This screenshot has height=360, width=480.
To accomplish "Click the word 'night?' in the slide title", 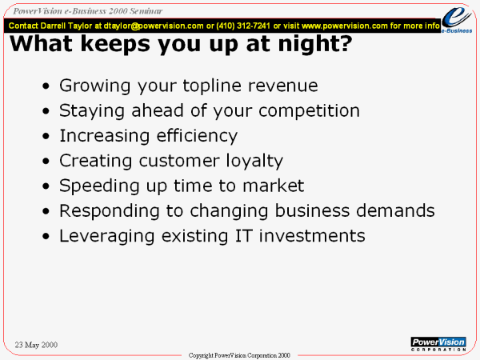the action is coord(315,43).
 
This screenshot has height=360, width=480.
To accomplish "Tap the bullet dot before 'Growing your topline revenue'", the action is coord(46,86).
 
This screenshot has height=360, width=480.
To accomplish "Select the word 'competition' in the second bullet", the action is coord(309,111).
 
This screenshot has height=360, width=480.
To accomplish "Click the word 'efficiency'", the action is coord(197,136).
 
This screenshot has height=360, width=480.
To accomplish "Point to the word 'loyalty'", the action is coord(254,161).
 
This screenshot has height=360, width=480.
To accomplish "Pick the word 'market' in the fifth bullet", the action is coord(274,186).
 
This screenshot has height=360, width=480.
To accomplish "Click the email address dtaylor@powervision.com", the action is coord(154,26).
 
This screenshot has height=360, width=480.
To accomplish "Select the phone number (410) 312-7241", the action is coord(243,26).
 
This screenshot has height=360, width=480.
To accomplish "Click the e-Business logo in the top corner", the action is coord(457,19).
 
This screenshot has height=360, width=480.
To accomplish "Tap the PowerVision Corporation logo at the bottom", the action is coord(438,344).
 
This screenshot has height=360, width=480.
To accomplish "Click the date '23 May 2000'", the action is coord(36,345).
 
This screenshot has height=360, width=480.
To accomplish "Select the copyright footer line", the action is coord(239,355).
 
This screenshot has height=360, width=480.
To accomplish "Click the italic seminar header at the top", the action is coord(87,11).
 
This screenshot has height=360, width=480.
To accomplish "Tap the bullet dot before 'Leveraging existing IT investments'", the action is coord(46,236).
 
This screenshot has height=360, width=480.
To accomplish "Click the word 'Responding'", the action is coord(110,211).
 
